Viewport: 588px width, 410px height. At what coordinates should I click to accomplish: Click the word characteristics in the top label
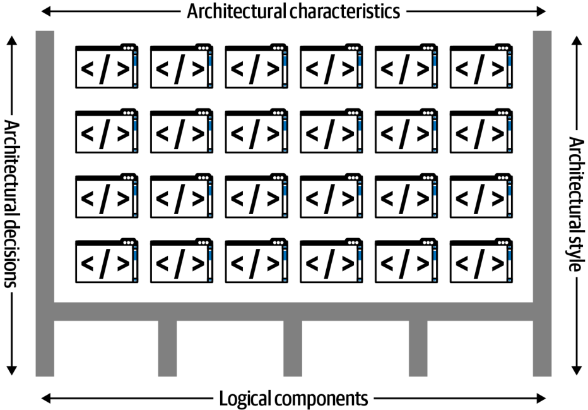pos(345,11)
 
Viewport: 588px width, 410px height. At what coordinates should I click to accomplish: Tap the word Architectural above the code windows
pos(237,11)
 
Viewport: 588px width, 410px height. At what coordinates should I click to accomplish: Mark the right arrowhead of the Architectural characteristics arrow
pos(541,11)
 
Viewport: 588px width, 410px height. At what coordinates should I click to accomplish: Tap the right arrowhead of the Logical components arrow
pos(541,398)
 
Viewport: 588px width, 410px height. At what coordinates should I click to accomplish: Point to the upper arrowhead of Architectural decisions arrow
pos(11,40)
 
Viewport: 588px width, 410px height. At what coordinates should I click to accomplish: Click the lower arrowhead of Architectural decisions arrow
pos(11,370)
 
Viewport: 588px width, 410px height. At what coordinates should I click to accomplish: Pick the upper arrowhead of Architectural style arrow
pos(577,40)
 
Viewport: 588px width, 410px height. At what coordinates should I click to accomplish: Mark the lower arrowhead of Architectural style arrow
pos(577,370)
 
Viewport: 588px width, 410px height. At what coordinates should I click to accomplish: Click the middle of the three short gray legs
pos(293,349)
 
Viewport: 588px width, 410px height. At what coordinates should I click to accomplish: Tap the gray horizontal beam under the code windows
pos(293,311)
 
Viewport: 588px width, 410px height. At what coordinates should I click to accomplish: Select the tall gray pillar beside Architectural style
pos(542,203)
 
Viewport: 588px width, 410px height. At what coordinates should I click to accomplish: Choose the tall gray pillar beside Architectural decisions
pos(45,203)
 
